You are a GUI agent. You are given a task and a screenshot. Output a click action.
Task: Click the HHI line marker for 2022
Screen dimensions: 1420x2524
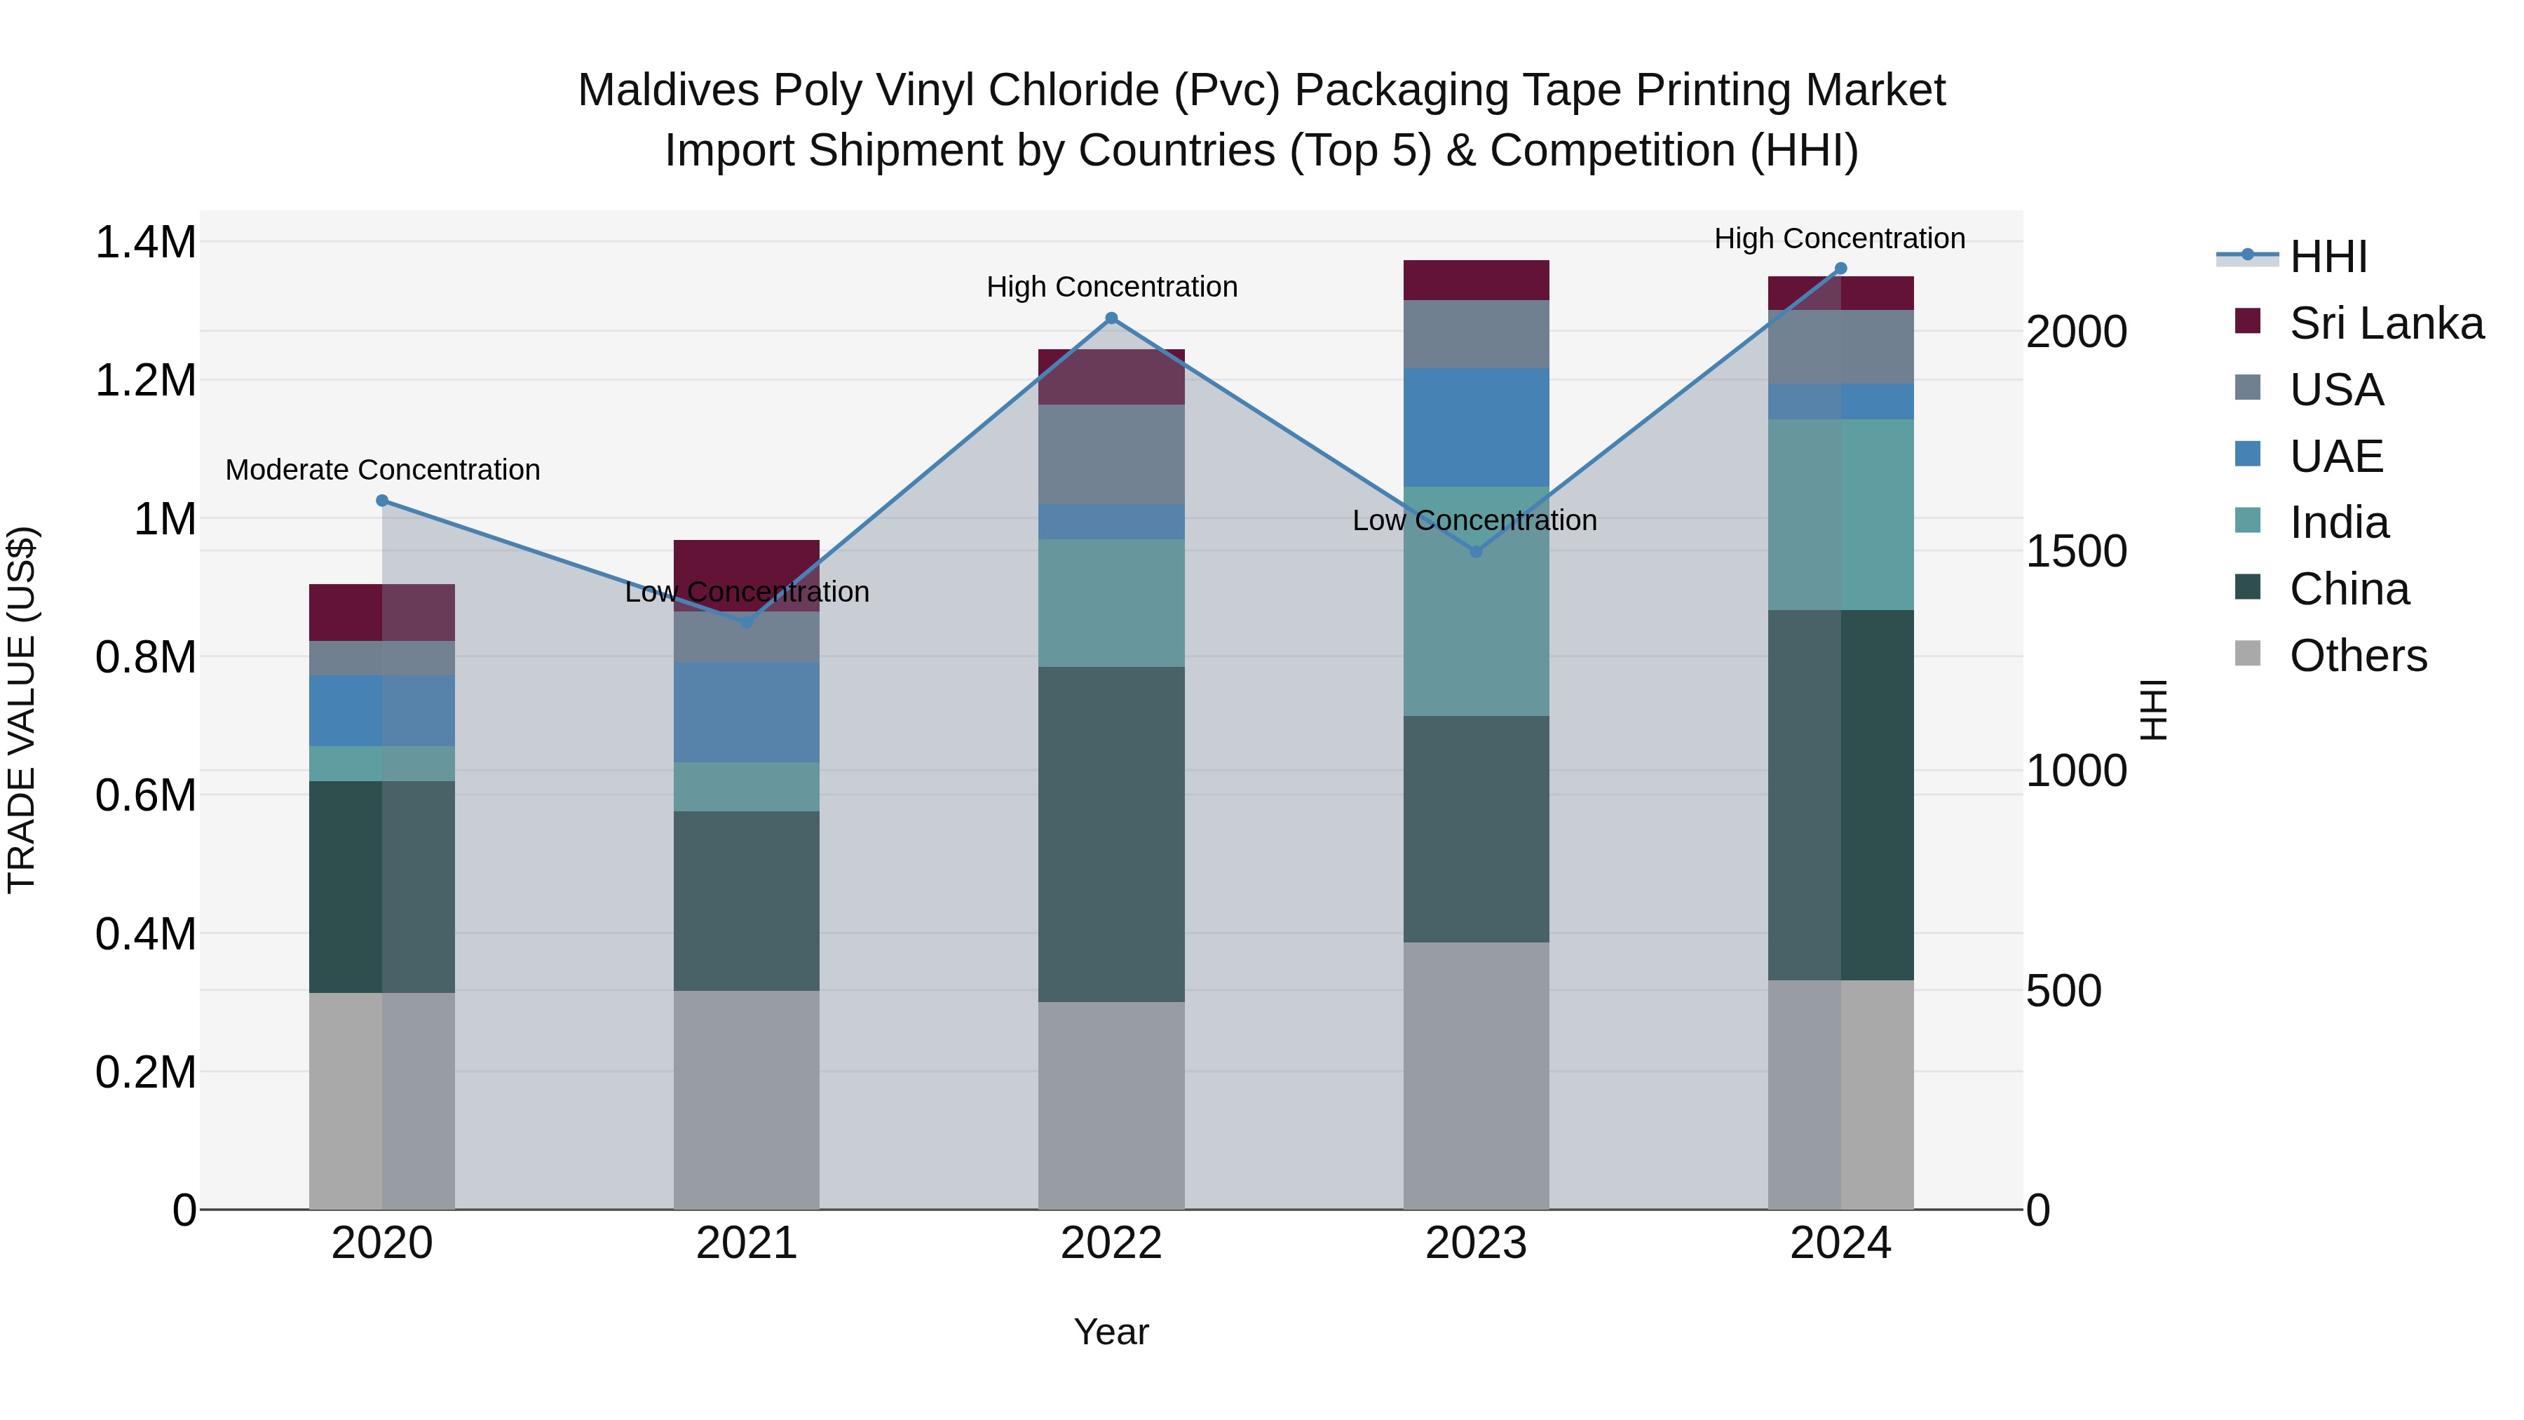coord(1111,318)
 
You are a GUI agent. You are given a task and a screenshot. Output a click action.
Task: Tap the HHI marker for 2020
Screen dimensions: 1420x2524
coord(382,501)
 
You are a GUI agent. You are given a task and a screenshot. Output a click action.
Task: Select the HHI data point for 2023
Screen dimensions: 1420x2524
coord(1477,552)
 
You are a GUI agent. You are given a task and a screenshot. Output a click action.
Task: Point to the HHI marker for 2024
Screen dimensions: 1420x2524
coord(1840,269)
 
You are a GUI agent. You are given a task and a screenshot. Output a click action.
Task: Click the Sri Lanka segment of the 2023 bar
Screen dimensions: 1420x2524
coord(1476,280)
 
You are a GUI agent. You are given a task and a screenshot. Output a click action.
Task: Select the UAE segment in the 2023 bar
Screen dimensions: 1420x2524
coord(1476,427)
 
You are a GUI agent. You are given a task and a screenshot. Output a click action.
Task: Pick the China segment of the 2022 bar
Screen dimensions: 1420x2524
coord(1111,834)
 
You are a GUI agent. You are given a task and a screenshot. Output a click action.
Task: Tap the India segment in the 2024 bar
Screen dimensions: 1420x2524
coord(1840,515)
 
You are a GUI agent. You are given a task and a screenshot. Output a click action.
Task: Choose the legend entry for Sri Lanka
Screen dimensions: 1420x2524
coord(2385,323)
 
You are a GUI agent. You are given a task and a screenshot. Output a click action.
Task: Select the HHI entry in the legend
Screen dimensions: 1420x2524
coord(2327,257)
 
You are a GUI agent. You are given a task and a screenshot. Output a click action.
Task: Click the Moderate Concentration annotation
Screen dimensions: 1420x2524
coord(383,471)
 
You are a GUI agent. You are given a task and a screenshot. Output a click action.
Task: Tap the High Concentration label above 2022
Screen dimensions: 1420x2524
coord(1112,287)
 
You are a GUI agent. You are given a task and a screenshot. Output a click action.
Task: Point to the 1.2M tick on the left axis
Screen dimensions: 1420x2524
coord(145,380)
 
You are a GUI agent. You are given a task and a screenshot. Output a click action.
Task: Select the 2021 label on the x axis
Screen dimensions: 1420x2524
coord(747,1243)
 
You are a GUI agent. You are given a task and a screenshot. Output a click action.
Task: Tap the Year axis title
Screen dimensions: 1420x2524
coord(1111,1332)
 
